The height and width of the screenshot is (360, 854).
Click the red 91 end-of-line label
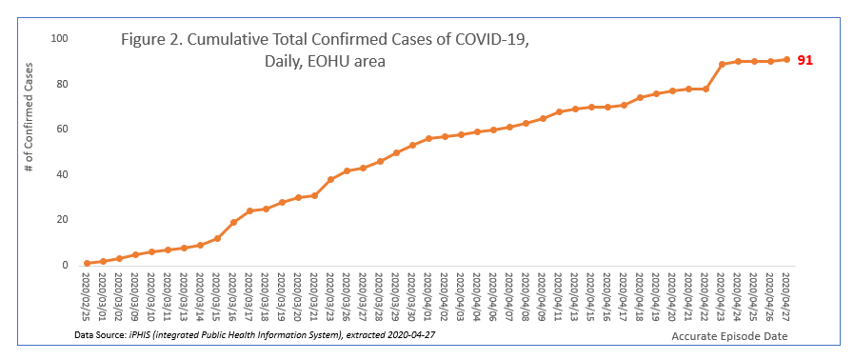pos(804,60)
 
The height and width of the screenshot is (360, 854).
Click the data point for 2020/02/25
pos(87,263)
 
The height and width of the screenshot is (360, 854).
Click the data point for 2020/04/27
pos(786,59)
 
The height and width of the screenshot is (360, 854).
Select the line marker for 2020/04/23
pos(722,64)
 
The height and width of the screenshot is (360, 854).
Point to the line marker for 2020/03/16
pos(233,222)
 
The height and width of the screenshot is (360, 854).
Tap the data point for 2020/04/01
pos(428,138)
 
